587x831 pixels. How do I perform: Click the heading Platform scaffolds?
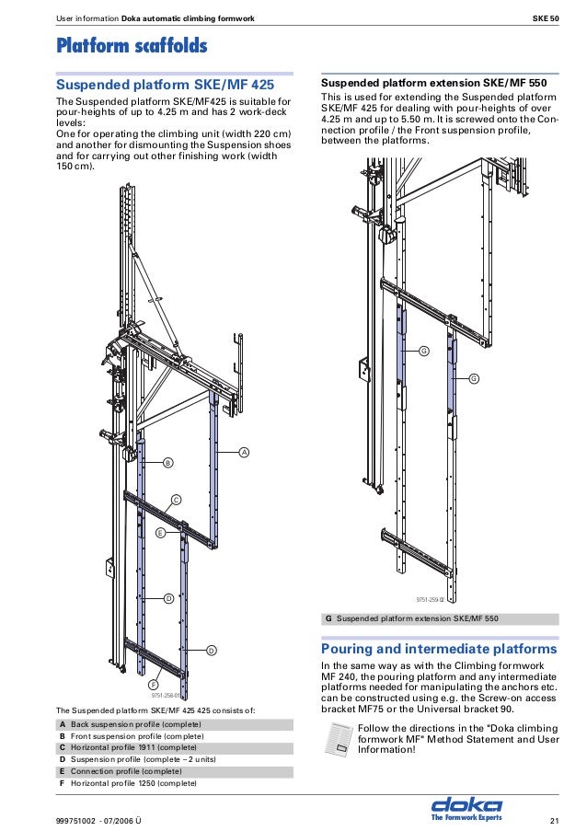coord(132,45)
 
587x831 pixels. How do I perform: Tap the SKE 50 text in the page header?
coord(546,18)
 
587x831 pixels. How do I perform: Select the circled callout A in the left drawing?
coord(244,452)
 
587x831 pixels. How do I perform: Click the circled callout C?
coord(176,499)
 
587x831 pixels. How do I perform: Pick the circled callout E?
coord(160,533)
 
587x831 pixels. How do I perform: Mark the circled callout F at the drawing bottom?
coord(153,686)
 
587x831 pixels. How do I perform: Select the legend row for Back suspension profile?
coord(174,725)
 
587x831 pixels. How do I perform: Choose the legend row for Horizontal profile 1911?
coord(174,748)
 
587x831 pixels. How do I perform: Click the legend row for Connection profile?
coord(174,771)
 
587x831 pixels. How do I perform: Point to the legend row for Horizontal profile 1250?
coord(174,783)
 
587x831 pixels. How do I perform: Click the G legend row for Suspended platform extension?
coord(439,618)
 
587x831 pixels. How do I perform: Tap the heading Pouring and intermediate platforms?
coord(439,649)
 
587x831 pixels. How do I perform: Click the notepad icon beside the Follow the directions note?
coord(338,739)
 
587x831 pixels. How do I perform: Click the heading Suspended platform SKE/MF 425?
coord(166,85)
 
